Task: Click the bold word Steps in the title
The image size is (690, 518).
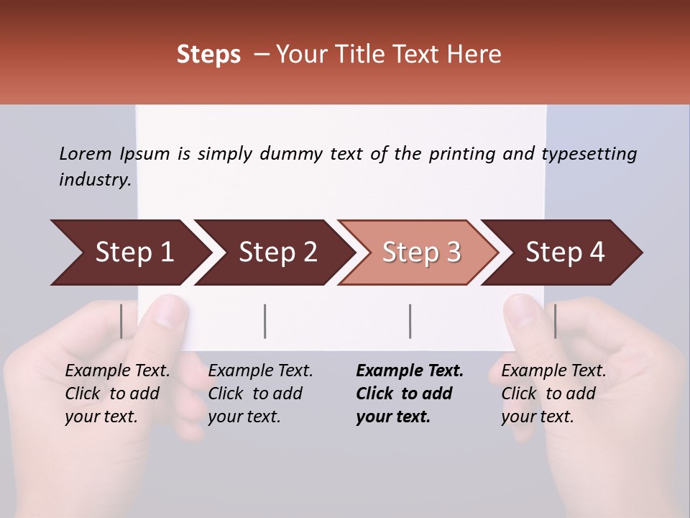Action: [208, 55]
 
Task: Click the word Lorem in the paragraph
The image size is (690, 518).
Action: [86, 153]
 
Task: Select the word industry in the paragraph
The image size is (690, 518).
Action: [94, 179]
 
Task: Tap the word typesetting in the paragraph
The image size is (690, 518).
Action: [589, 153]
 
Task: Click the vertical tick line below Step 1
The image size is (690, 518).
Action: [121, 321]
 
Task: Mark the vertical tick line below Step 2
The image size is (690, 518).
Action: [265, 321]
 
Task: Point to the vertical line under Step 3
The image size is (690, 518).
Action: [410, 321]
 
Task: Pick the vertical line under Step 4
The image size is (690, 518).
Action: [555, 321]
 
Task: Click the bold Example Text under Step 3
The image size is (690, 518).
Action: [410, 371]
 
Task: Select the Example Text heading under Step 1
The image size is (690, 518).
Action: [117, 371]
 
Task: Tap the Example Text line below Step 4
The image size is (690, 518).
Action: [553, 371]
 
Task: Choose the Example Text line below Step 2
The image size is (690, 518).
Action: [260, 371]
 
